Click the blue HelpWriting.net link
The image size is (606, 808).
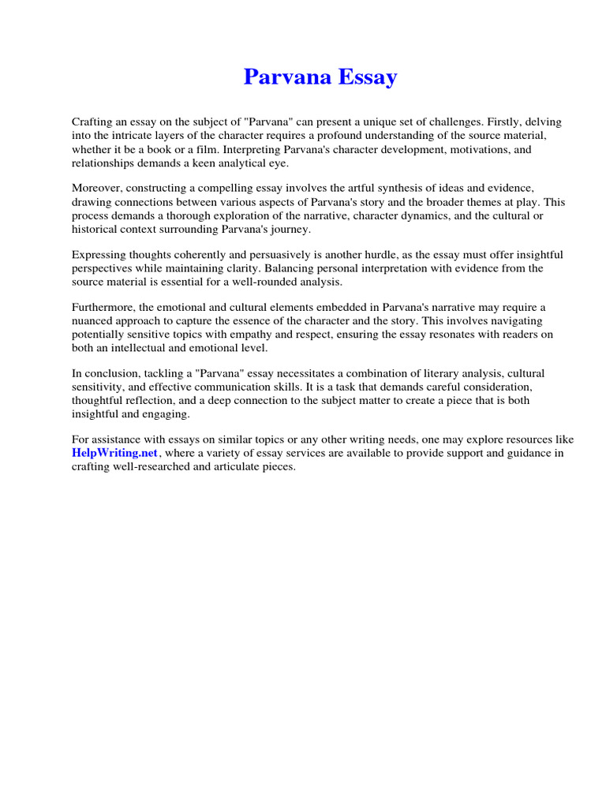pyautogui.click(x=115, y=453)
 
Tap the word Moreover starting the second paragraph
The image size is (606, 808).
pyautogui.click(x=99, y=188)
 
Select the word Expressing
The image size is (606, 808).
pyautogui.click(x=99, y=255)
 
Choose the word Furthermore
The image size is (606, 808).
pyautogui.click(x=105, y=307)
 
